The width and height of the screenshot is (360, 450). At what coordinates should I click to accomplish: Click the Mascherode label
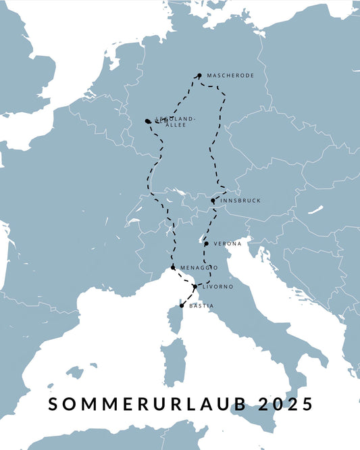click(230, 76)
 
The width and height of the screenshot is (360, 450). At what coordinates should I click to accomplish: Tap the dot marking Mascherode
click(199, 76)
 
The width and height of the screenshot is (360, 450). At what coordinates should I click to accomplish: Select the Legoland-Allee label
click(175, 122)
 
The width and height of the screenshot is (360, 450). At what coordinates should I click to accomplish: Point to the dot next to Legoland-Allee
click(147, 121)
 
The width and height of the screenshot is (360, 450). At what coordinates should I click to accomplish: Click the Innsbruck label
click(240, 201)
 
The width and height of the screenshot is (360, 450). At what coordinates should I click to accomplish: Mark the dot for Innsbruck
click(213, 201)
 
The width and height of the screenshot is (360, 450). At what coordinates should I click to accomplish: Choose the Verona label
click(227, 243)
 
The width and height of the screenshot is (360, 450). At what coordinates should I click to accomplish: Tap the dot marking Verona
click(206, 243)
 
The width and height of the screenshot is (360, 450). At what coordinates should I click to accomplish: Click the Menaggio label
click(199, 268)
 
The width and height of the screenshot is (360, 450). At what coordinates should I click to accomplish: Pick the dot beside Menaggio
click(173, 268)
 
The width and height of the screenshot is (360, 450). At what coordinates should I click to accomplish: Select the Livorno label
click(217, 287)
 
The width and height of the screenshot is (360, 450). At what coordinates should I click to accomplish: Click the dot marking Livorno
click(195, 287)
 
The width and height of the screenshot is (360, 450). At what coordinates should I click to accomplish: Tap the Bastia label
click(201, 306)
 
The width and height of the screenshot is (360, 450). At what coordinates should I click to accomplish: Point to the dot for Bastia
click(182, 305)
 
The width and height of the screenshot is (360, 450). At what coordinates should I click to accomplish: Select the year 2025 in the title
click(286, 404)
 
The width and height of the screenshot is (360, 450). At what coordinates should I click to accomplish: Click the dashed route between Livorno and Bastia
click(188, 296)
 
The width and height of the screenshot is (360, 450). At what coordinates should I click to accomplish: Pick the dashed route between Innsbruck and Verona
click(207, 223)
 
